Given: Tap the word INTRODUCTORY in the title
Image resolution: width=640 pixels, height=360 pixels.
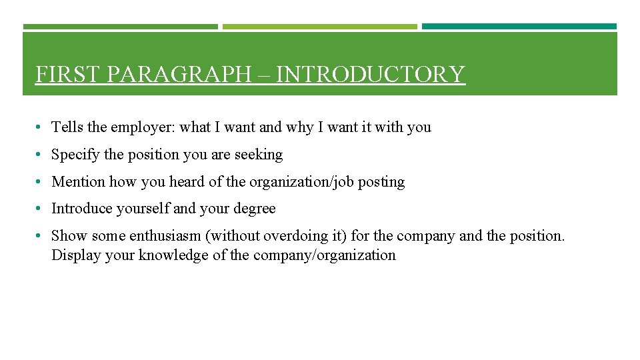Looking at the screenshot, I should pyautogui.click(x=370, y=74).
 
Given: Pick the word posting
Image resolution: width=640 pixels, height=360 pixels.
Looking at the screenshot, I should pyautogui.click(x=381, y=181).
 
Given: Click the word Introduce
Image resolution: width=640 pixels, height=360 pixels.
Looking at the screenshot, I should pyautogui.click(x=82, y=209).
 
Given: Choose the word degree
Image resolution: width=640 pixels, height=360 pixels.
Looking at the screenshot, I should pyautogui.click(x=254, y=209).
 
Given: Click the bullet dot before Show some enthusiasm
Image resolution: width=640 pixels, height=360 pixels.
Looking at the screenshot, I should pyautogui.click(x=41, y=236).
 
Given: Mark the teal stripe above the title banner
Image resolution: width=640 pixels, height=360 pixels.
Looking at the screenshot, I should pyautogui.click(x=519, y=27).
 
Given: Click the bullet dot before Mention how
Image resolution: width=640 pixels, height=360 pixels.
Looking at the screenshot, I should pyautogui.click(x=41, y=182).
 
